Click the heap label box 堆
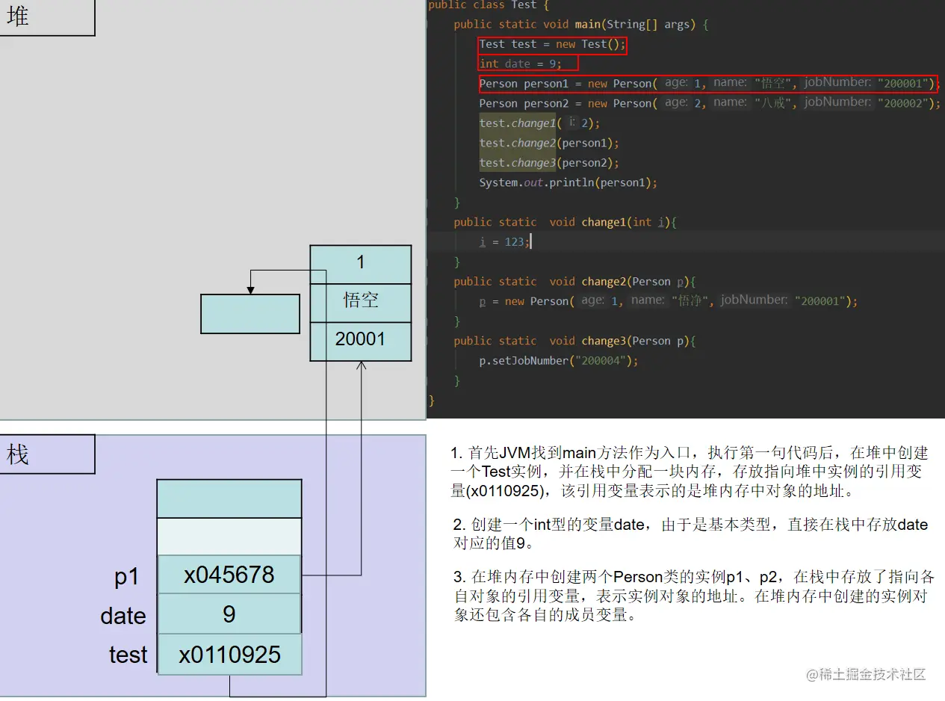pos(46,16)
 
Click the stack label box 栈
pos(46,454)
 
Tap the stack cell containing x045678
pos(229,575)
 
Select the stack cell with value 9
pos(229,614)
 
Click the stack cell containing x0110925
pos(229,655)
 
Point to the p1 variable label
pos(127,576)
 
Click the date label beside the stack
pos(123,616)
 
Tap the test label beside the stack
pos(128,655)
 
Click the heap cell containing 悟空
pos(360,300)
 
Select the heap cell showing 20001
pos(360,339)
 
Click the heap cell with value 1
pos(360,262)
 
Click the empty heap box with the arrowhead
pos(250,313)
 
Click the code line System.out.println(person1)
pos(568,182)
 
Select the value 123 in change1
pos(515,241)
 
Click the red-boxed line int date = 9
pos(520,64)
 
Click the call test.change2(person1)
pos(549,143)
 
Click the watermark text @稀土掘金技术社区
pos(866,674)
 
